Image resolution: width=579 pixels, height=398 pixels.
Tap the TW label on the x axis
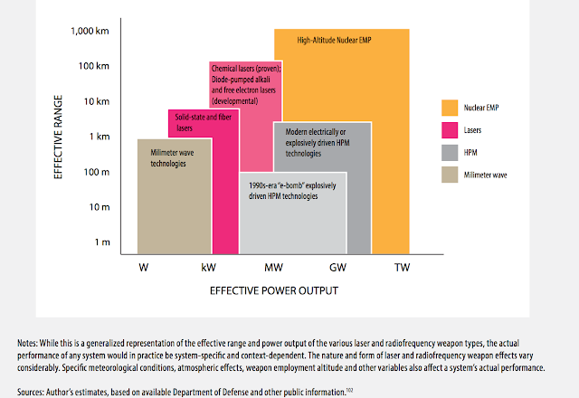click(404, 269)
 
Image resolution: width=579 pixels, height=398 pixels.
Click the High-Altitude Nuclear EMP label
click(334, 41)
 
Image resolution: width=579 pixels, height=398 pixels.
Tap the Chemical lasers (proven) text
click(246, 68)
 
